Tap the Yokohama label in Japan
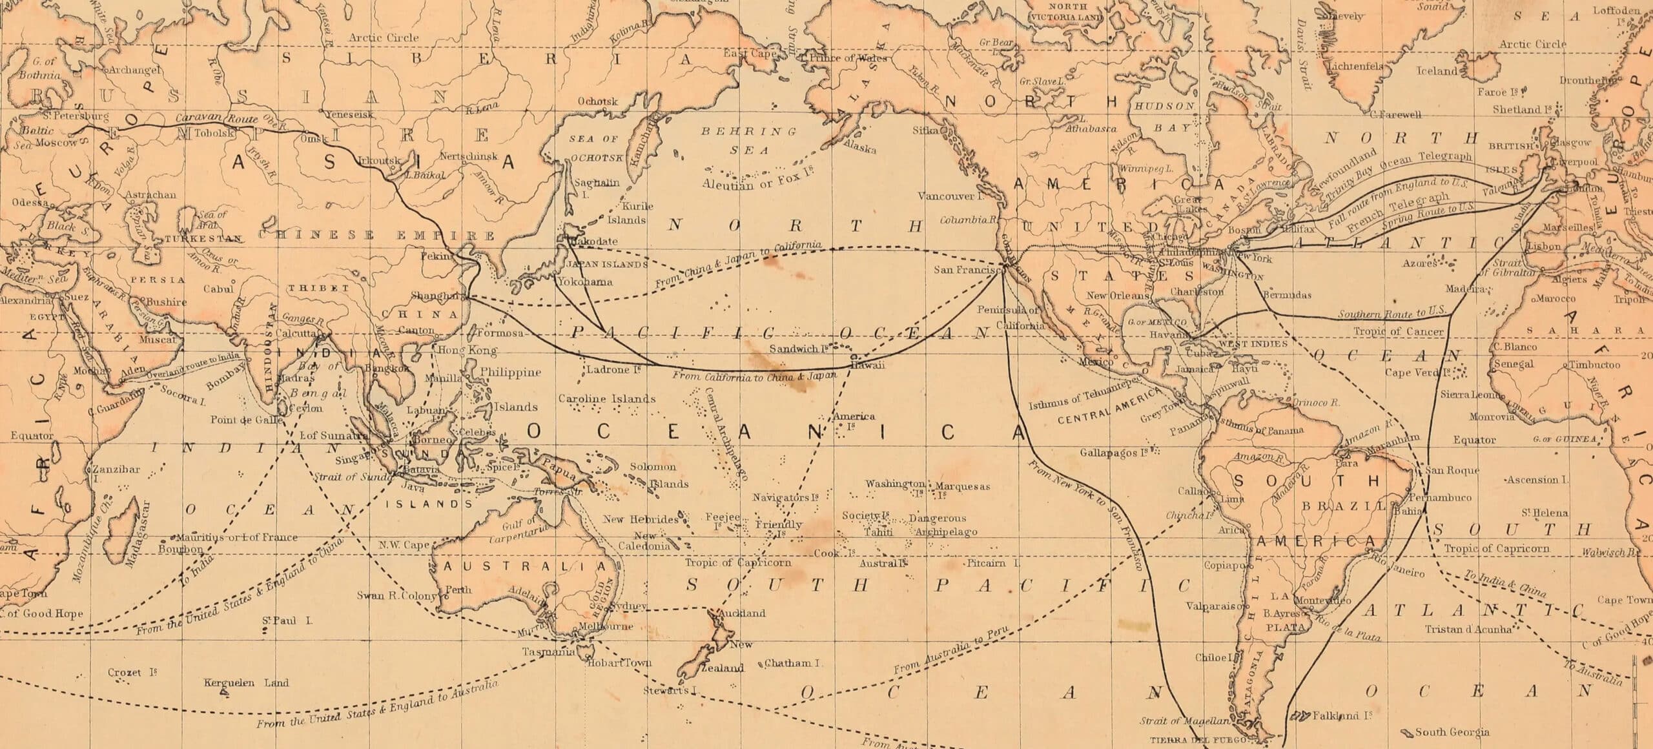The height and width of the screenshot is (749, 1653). (586, 282)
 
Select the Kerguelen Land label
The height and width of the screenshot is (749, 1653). (246, 682)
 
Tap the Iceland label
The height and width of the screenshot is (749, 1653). (1437, 71)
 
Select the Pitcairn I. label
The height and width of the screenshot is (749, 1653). (993, 563)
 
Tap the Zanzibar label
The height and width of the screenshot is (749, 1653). (107, 469)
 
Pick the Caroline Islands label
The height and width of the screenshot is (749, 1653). (607, 398)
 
